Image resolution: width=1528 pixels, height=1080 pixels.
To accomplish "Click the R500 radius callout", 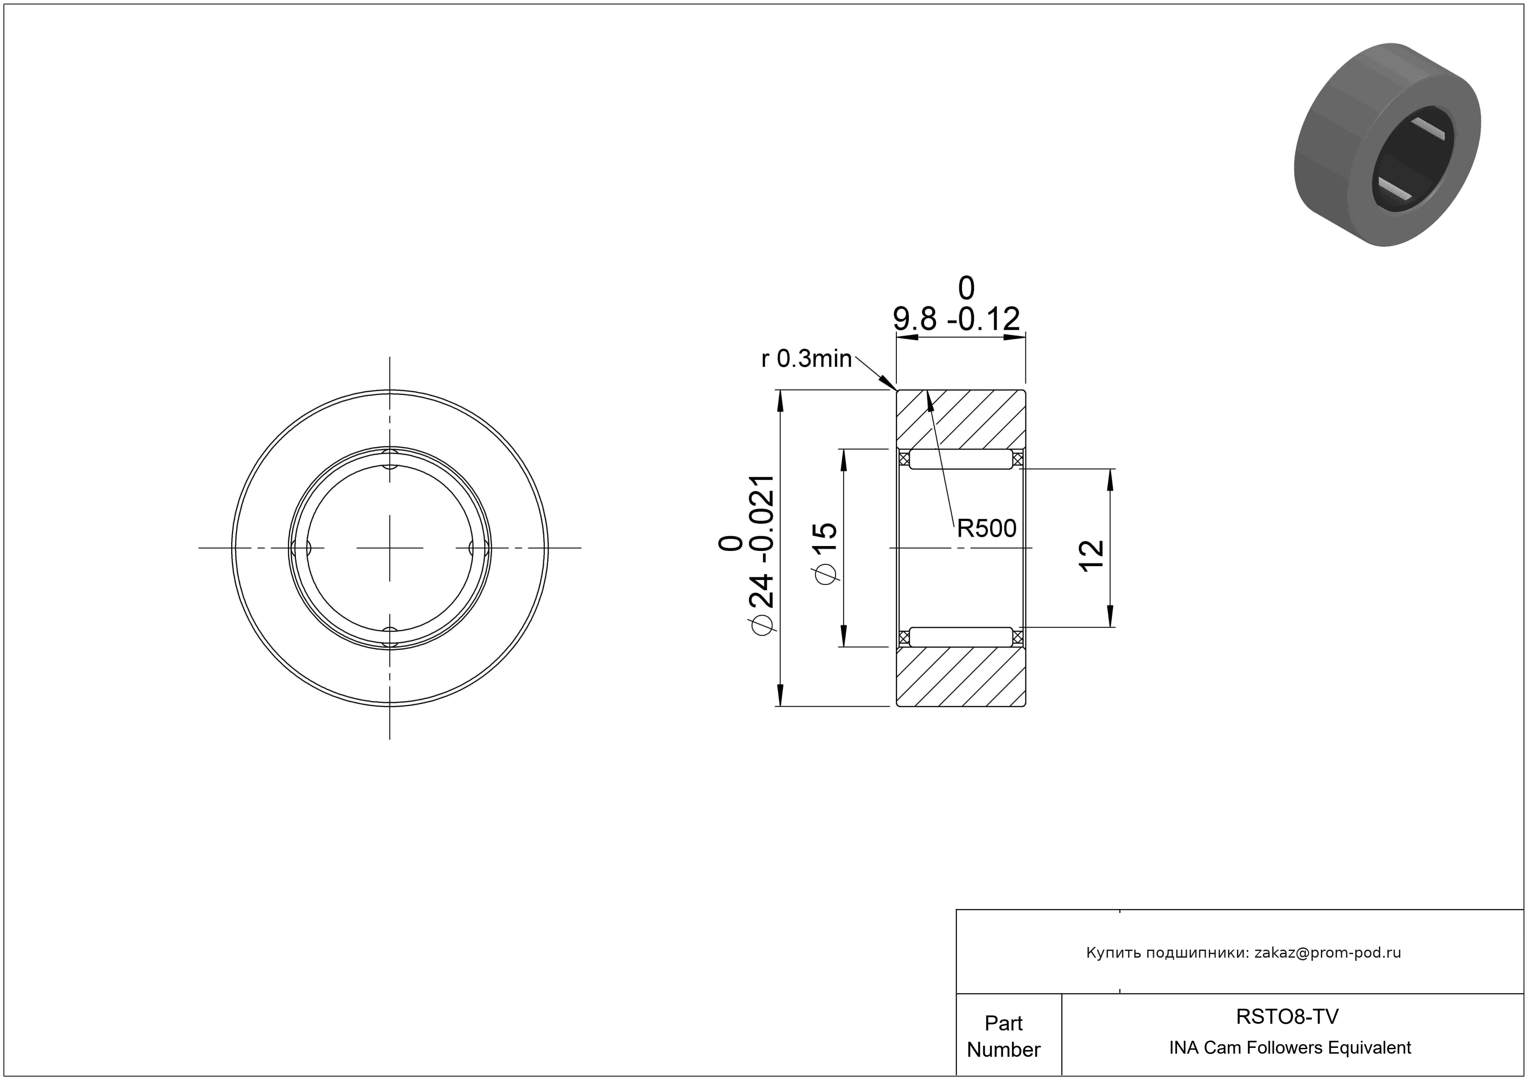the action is [986, 528].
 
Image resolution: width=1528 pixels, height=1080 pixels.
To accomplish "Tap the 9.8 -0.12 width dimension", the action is [956, 319].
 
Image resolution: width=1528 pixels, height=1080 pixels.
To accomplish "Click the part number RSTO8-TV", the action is [1287, 1016].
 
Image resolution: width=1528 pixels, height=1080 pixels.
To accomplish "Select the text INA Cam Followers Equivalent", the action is [1290, 1047].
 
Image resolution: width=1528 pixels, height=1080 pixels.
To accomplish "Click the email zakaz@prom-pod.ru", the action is [1328, 952].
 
